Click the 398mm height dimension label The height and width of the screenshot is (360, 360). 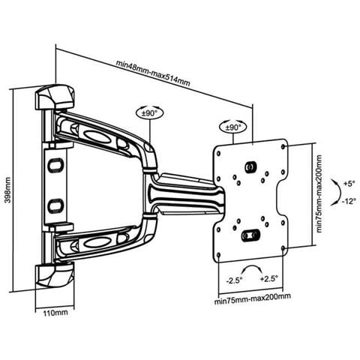(8, 190)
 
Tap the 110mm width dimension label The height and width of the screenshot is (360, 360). (55, 313)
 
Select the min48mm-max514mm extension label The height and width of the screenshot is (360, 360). (153, 73)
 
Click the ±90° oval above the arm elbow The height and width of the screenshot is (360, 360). (149, 113)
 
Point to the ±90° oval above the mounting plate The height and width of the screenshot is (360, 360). (233, 127)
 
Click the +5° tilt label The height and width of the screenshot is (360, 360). (349, 184)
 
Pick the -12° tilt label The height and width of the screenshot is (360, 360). (349, 201)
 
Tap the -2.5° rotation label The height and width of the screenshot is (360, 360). (234, 280)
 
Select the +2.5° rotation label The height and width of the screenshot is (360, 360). (269, 279)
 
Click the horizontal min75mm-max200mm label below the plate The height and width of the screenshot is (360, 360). (253, 299)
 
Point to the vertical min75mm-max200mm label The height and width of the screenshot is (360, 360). (319, 193)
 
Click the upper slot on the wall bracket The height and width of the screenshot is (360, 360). (55, 165)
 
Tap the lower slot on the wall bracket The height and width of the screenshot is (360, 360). (55, 206)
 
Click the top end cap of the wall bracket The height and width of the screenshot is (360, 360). (55, 97)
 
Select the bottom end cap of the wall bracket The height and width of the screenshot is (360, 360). (55, 275)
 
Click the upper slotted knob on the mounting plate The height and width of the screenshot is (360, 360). (250, 166)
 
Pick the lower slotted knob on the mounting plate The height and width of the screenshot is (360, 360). (250, 235)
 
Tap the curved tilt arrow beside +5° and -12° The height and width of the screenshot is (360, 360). (339, 193)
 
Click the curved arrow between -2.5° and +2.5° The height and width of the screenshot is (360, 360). (252, 267)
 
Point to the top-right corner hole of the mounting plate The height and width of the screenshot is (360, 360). (283, 147)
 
